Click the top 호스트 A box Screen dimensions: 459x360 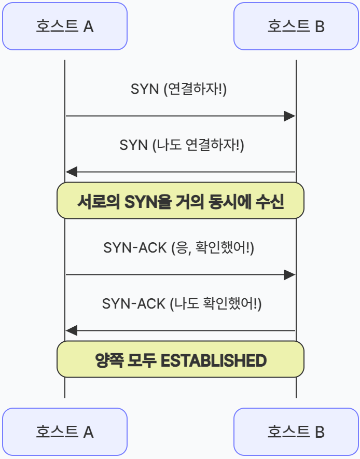tap(65, 26)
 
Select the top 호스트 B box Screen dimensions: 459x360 tap(296, 26)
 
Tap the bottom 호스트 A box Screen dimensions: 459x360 tap(65, 432)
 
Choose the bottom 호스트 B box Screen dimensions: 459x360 tap(296, 432)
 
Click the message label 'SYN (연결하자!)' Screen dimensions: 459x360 tap(179, 89)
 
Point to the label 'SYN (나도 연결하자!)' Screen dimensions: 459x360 tap(182, 145)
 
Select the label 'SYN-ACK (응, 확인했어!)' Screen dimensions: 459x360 tap(179, 248)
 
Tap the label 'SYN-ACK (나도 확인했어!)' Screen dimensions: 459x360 tap(182, 303)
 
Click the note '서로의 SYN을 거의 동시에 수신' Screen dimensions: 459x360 tap(181, 201)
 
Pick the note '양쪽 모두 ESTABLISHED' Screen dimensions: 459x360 tap(181, 359)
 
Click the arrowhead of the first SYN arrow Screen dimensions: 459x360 tap(289, 116)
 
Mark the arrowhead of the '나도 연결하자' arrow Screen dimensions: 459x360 tap(72, 172)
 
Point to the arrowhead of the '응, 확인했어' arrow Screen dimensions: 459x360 tap(289, 275)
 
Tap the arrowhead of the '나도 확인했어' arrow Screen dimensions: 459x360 tap(72, 330)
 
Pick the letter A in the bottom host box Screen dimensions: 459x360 tap(88, 432)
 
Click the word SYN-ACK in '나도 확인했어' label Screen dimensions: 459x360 tap(134, 304)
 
